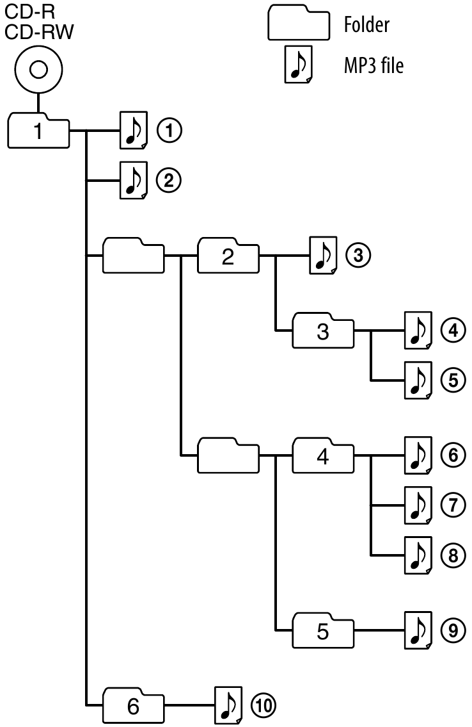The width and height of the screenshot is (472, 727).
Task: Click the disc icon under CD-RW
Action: pos(38,69)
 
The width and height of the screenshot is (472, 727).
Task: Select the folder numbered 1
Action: pos(38,131)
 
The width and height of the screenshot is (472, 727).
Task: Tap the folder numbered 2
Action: pos(228,257)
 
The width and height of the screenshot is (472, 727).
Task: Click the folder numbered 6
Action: pos(133,707)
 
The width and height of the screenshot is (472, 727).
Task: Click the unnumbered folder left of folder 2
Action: pos(133,257)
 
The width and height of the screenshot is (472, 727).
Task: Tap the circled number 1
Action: pos(169,131)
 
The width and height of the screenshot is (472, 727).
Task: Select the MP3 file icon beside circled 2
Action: pos(133,181)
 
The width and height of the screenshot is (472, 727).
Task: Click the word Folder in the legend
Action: pos(366,26)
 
